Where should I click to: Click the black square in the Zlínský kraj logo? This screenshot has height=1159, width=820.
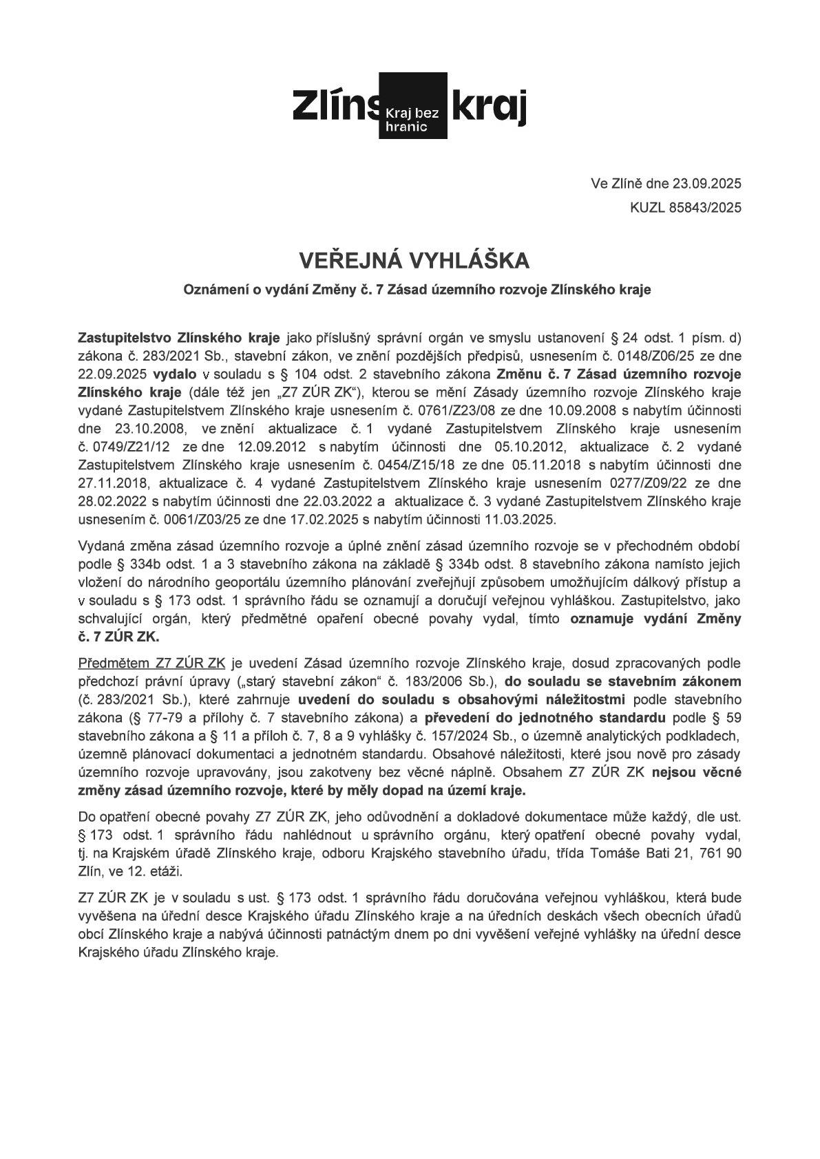(x=413, y=105)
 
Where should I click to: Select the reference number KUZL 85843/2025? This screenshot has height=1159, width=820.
(x=686, y=207)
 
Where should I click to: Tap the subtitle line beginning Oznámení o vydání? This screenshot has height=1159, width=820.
(x=417, y=290)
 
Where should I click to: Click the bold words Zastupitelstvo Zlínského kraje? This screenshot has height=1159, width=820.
(x=179, y=339)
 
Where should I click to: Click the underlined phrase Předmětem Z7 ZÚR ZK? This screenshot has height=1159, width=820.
(x=152, y=663)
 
